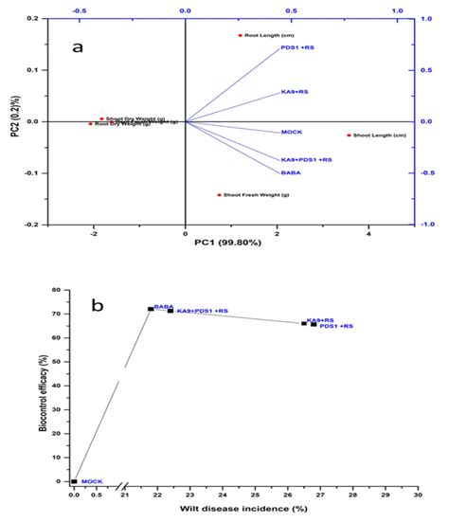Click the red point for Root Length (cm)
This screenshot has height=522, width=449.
tap(241, 35)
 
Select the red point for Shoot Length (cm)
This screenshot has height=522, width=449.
tap(350, 135)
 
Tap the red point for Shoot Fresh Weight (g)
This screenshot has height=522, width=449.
tap(220, 195)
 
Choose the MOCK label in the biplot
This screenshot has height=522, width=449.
tap(292, 133)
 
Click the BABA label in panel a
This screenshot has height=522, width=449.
tap(291, 172)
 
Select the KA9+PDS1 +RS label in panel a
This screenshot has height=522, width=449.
tap(307, 160)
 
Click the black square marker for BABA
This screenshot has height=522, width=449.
tap(151, 309)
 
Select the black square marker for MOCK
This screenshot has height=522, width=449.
tap(74, 481)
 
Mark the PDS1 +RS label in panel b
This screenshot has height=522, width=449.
tap(336, 327)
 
